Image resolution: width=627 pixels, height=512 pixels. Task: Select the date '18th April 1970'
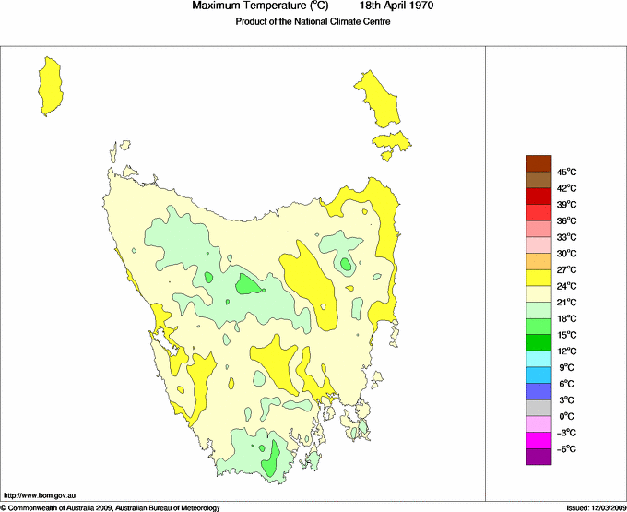coord(397,6)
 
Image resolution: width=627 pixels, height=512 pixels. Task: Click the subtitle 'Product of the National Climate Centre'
coord(313,22)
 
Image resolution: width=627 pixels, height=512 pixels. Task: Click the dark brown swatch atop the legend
coord(538,163)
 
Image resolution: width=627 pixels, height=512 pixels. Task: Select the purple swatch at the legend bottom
coord(538,456)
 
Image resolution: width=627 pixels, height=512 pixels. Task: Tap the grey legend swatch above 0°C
coord(538,407)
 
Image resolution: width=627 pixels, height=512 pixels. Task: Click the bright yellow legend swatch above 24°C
coord(538,277)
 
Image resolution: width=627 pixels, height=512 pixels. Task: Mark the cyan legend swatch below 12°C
coord(538,358)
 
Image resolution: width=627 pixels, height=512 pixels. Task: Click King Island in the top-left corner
coord(52,83)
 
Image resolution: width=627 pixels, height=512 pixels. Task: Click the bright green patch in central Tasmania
coord(247,284)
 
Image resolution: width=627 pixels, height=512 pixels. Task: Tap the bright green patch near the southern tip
coord(270,460)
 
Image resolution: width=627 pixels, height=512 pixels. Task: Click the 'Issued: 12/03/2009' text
coord(596,506)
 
